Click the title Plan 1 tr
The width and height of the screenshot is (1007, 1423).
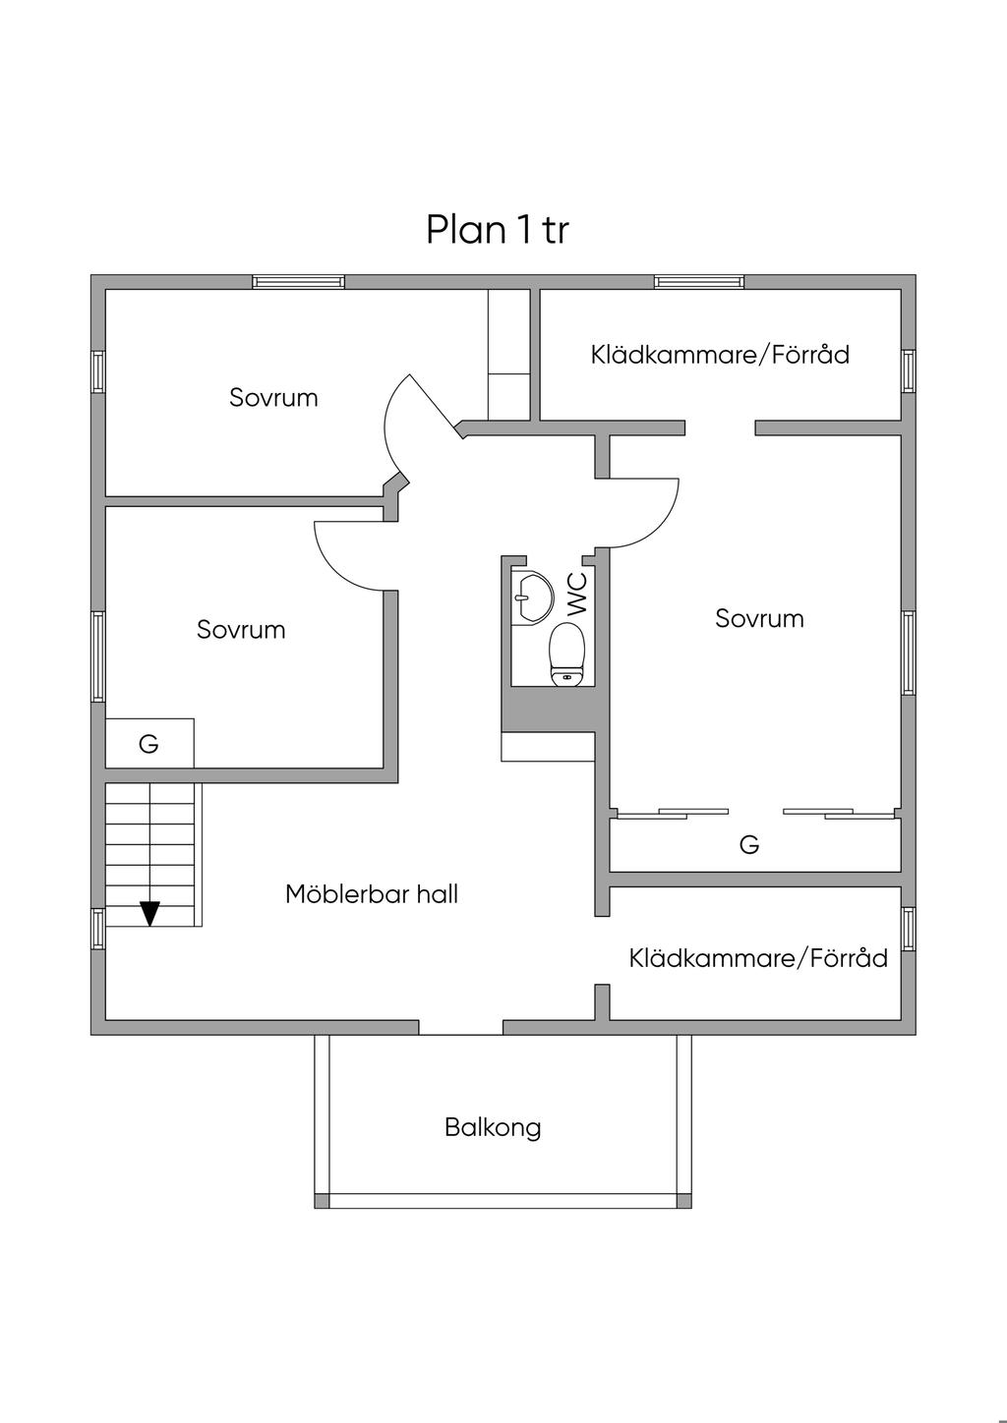(498, 229)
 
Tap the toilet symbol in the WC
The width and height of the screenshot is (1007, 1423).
(566, 655)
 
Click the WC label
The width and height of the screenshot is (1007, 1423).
(576, 594)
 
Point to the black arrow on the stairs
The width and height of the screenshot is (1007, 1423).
(150, 914)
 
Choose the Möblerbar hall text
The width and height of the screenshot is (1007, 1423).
(372, 894)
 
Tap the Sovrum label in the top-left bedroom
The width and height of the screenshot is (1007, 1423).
(273, 398)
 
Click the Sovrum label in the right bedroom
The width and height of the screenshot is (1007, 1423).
(759, 618)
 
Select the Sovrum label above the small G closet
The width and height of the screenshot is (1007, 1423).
(241, 630)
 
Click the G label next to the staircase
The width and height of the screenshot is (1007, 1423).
(148, 743)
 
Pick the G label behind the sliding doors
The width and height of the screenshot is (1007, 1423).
(749, 844)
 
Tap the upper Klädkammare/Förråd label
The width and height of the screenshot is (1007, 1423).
(720, 354)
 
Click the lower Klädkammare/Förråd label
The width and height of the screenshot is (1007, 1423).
(758, 957)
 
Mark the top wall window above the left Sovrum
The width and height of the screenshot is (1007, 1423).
(298, 282)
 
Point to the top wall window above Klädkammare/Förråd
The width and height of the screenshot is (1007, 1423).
(699, 282)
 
